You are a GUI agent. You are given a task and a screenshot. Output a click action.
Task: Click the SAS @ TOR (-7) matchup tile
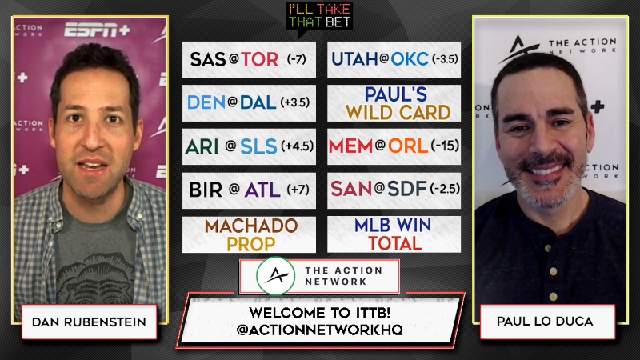coord(249,59)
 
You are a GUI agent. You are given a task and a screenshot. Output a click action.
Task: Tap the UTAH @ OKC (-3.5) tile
coord(394,59)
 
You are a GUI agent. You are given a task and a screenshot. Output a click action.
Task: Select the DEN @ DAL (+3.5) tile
coord(249,103)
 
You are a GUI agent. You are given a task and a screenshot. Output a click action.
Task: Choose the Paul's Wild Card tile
coord(394,103)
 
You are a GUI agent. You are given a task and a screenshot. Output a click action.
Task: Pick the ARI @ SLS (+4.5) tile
coord(249,146)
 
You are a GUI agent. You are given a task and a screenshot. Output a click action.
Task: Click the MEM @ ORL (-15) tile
coord(394,146)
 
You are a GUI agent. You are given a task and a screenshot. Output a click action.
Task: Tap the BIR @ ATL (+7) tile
coord(249,190)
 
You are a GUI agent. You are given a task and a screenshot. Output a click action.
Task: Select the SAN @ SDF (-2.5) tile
coord(394,190)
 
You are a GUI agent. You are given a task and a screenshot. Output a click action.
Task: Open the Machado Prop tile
coord(249,234)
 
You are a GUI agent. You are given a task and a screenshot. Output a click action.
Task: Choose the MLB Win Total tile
coord(394,234)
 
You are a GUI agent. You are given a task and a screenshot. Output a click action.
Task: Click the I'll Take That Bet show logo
coord(319,16)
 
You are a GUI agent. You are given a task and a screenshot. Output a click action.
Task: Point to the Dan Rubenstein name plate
coord(89,322)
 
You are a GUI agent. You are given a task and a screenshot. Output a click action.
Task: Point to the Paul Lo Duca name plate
coord(547,322)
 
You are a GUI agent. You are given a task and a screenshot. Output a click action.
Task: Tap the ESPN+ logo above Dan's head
coord(97,30)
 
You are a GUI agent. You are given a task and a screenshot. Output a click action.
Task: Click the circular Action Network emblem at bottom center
coord(276,276)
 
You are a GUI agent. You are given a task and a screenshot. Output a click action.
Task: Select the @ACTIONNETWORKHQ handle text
coord(319,330)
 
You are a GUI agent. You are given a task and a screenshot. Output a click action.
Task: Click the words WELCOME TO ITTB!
coord(319,313)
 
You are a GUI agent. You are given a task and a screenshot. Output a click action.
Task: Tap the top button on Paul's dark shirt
coord(547,248)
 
